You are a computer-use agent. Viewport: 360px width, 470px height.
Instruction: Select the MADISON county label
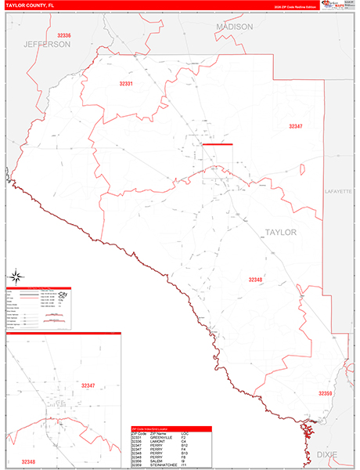(x=235, y=27)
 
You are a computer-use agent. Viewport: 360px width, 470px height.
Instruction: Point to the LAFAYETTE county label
(x=339, y=191)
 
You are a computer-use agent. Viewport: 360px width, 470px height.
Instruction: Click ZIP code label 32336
(x=64, y=35)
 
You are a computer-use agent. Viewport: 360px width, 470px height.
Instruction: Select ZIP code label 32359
(x=326, y=392)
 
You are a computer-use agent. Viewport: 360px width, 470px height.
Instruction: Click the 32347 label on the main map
(x=295, y=125)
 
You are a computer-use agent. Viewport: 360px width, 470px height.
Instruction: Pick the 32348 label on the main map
(x=256, y=279)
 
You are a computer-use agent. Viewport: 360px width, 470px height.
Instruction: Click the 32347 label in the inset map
(x=87, y=386)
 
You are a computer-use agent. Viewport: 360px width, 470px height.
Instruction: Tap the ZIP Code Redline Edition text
(x=289, y=6)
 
